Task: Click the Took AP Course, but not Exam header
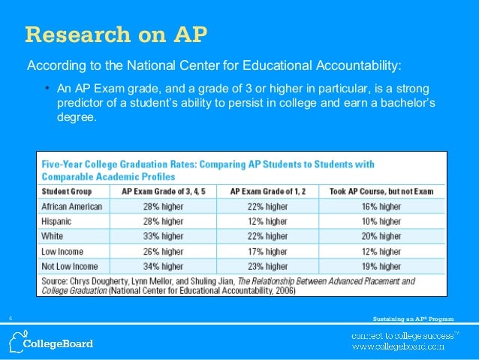click(381, 191)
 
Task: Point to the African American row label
click(72, 207)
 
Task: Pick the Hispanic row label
click(59, 222)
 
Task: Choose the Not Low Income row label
click(70, 266)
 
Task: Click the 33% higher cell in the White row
click(163, 237)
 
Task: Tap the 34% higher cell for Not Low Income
click(163, 266)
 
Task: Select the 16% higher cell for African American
click(381, 207)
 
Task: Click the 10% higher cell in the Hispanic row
click(381, 222)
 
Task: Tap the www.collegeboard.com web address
click(400, 346)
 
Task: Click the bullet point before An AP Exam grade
click(47, 88)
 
